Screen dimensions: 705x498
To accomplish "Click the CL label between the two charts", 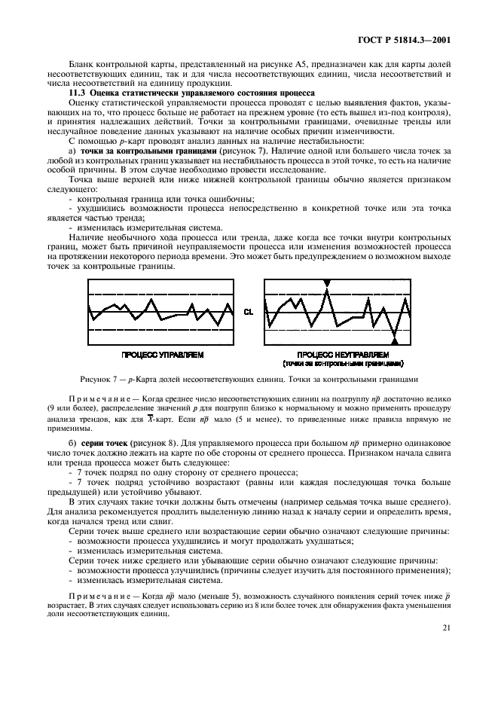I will point(249,310).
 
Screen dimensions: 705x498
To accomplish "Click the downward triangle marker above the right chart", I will point(326,283).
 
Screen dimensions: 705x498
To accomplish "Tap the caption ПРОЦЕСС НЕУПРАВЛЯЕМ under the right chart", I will point(343,353).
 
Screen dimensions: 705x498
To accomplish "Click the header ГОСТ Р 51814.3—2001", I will point(408,39).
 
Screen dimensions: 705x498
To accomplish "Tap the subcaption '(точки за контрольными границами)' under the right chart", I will point(343,362).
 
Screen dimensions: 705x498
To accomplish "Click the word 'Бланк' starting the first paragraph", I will point(81,65).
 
